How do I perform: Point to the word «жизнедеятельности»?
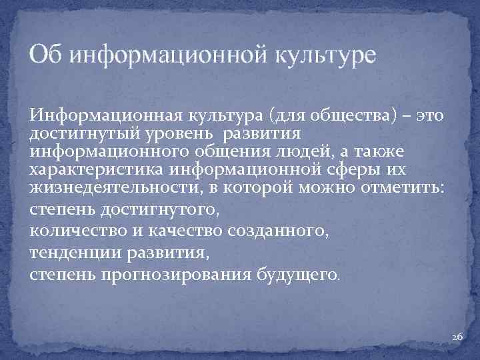(107, 187)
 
